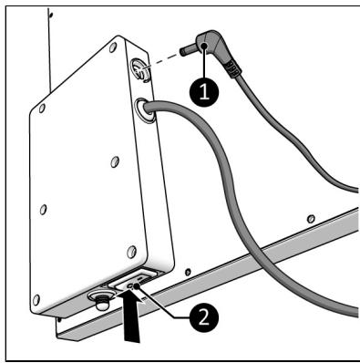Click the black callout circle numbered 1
[x=204, y=91]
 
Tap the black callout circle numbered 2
[x=204, y=318]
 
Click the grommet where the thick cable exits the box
[x=144, y=110]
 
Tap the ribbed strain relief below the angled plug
[x=231, y=69]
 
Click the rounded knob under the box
[x=101, y=300]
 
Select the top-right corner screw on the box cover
[x=113, y=47]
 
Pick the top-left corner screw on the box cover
[x=42, y=109]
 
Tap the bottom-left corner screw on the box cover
[x=36, y=300]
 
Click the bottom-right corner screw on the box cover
[x=131, y=252]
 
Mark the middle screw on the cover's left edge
[x=44, y=210]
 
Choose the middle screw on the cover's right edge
[x=115, y=161]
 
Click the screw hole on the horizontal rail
[x=311, y=218]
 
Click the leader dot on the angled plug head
[x=205, y=46]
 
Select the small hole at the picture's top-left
[x=51, y=14]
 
